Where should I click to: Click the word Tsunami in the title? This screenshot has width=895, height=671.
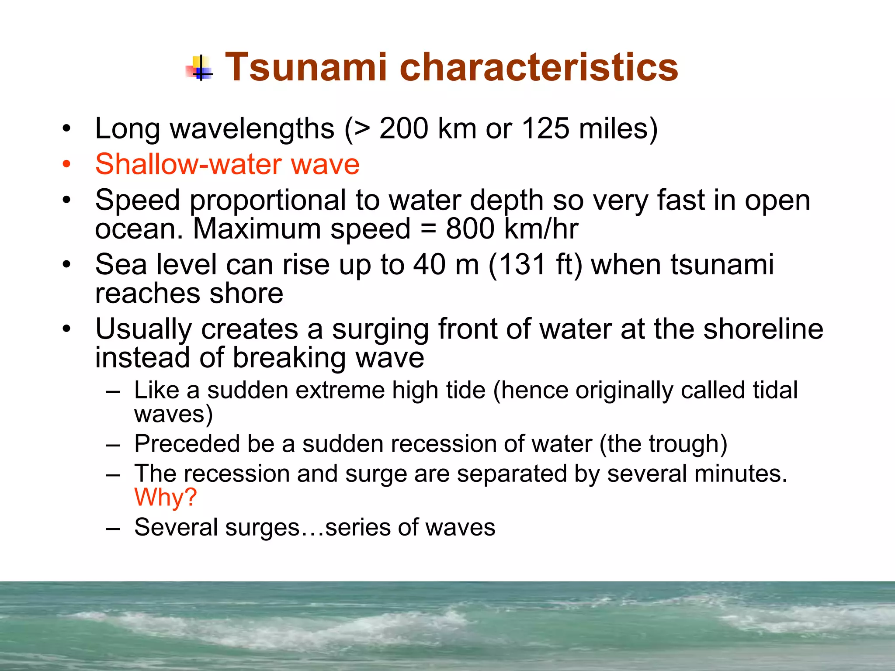pyautogui.click(x=305, y=67)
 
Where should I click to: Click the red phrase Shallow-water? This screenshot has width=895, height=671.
pyautogui.click(x=188, y=164)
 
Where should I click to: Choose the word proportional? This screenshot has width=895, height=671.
pyautogui.click(x=267, y=201)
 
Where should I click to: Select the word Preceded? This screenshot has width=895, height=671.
pyautogui.click(x=187, y=444)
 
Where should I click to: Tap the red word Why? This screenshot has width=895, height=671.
pyautogui.click(x=166, y=497)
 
